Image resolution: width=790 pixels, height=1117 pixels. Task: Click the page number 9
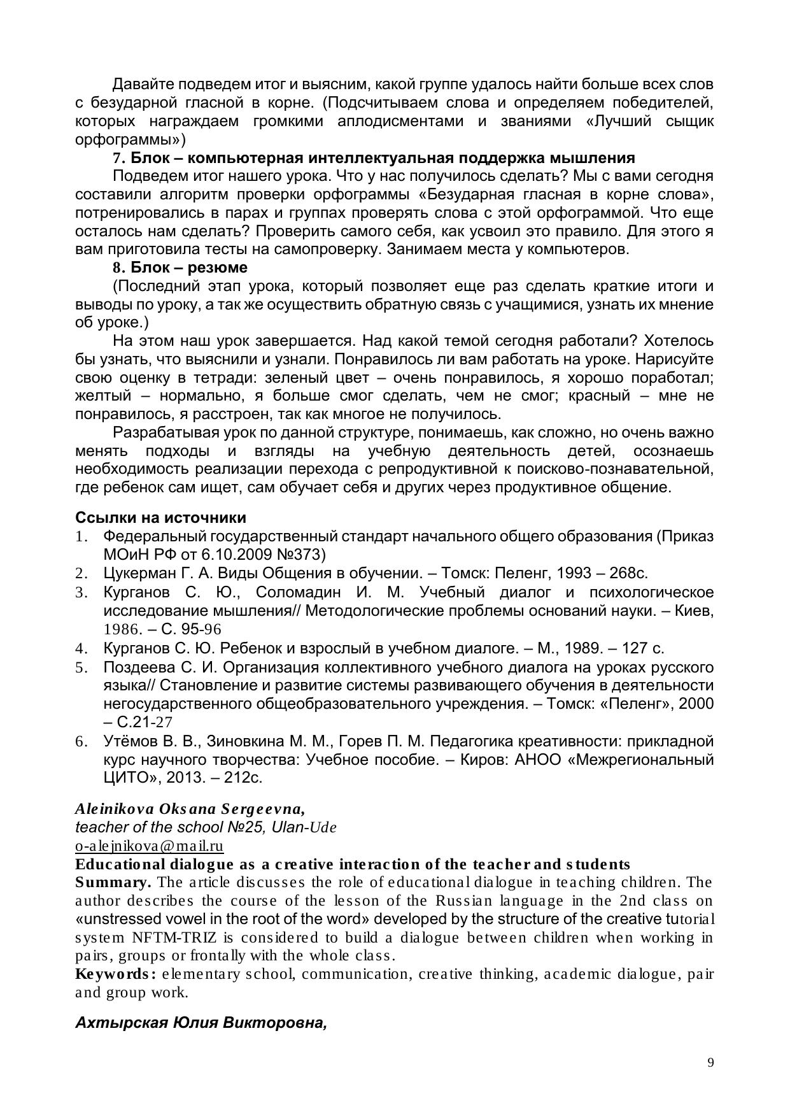[710, 1062]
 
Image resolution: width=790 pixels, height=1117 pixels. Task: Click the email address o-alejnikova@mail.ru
[149, 846]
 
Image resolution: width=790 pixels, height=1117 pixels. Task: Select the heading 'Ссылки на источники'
[160, 517]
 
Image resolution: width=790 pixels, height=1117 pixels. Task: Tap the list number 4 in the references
[81, 649]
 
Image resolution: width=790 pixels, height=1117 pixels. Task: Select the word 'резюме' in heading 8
[223, 267]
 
